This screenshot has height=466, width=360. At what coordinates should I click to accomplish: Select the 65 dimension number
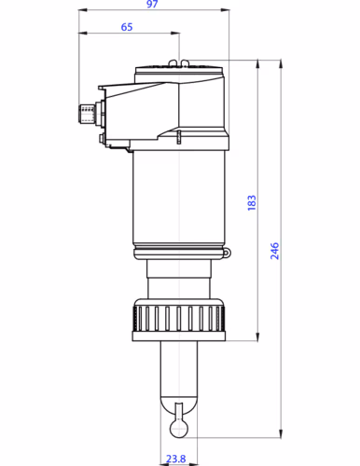pos(127,28)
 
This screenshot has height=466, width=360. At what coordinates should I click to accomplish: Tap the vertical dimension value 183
pos(252,203)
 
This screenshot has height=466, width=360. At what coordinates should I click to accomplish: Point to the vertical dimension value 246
pos(274,250)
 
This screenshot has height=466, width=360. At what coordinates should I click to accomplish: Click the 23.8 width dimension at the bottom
pos(175,459)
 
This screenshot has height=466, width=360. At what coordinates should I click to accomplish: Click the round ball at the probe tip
pos(177,424)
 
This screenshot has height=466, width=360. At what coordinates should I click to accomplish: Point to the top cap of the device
pos(180,68)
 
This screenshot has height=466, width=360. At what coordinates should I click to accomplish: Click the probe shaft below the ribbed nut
pos(177,368)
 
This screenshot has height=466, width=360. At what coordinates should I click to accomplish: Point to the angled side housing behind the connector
pos(140,107)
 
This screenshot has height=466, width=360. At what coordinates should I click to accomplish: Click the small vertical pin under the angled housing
pos(178,137)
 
